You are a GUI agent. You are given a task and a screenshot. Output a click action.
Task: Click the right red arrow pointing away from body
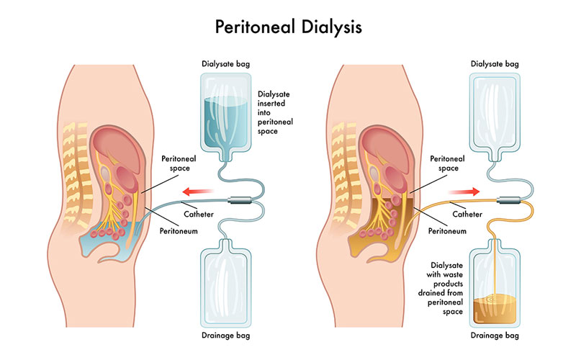[x=464, y=192]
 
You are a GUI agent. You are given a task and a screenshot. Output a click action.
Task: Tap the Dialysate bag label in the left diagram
[x=225, y=63]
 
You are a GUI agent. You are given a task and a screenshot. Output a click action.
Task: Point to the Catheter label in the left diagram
[x=198, y=214]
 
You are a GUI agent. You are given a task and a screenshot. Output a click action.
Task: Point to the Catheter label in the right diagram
[x=467, y=214]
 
